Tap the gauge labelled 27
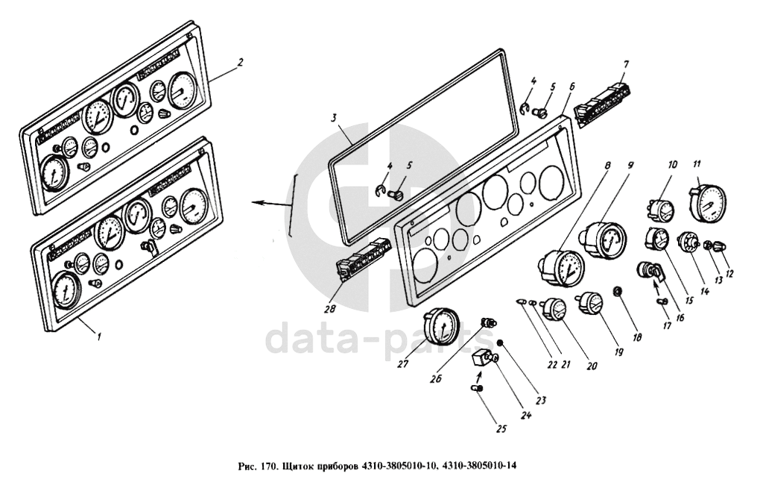click(x=441, y=325)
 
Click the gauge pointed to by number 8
click(x=562, y=268)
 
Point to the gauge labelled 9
click(x=604, y=238)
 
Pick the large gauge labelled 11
click(x=709, y=199)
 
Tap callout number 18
click(x=636, y=337)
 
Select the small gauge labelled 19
click(x=589, y=304)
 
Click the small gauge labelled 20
click(x=554, y=310)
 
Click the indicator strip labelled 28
click(x=364, y=260)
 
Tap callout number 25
click(x=501, y=428)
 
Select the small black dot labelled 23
click(x=501, y=342)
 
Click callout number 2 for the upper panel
click(x=240, y=62)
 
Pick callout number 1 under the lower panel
click(x=99, y=336)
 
